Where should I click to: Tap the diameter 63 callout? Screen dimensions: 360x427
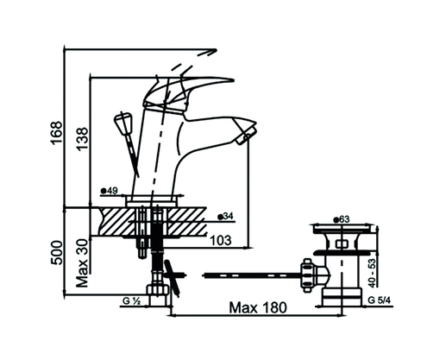click(341, 220)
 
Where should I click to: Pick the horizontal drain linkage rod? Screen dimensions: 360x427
click(250, 275)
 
